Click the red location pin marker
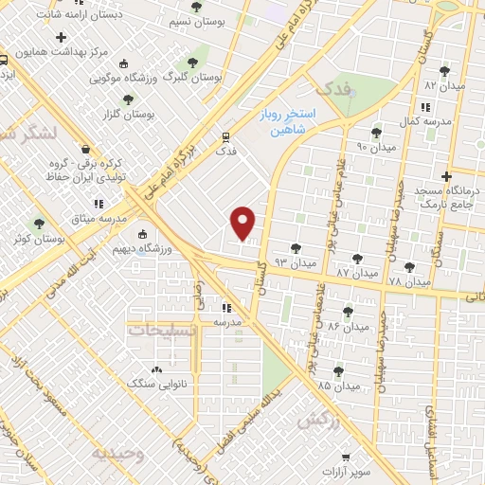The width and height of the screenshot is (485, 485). [x=243, y=222]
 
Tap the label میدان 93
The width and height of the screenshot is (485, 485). [x=294, y=260]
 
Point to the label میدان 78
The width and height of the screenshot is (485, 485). [x=409, y=281]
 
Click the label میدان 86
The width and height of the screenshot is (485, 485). [x=347, y=326]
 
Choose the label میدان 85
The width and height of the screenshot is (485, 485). [x=339, y=386]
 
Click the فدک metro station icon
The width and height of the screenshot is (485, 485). [x=225, y=135]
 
